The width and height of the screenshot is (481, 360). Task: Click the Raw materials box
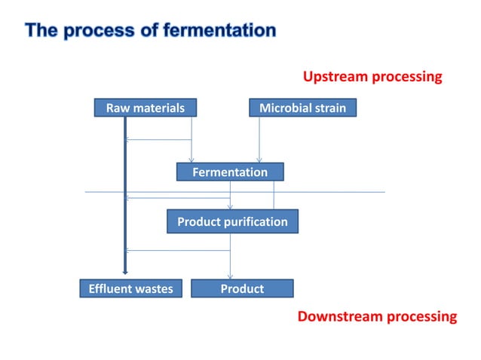tap(145, 108)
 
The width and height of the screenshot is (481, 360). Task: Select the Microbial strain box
tap(302, 108)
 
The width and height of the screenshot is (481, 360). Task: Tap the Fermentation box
tap(230, 172)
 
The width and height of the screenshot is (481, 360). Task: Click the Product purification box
tap(232, 222)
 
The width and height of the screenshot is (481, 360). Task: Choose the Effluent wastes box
tap(130, 288)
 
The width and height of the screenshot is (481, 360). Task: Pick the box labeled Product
tap(242, 288)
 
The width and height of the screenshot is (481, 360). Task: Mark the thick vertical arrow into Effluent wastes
tap(124, 196)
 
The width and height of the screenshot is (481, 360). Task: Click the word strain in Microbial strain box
tap(329, 108)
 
